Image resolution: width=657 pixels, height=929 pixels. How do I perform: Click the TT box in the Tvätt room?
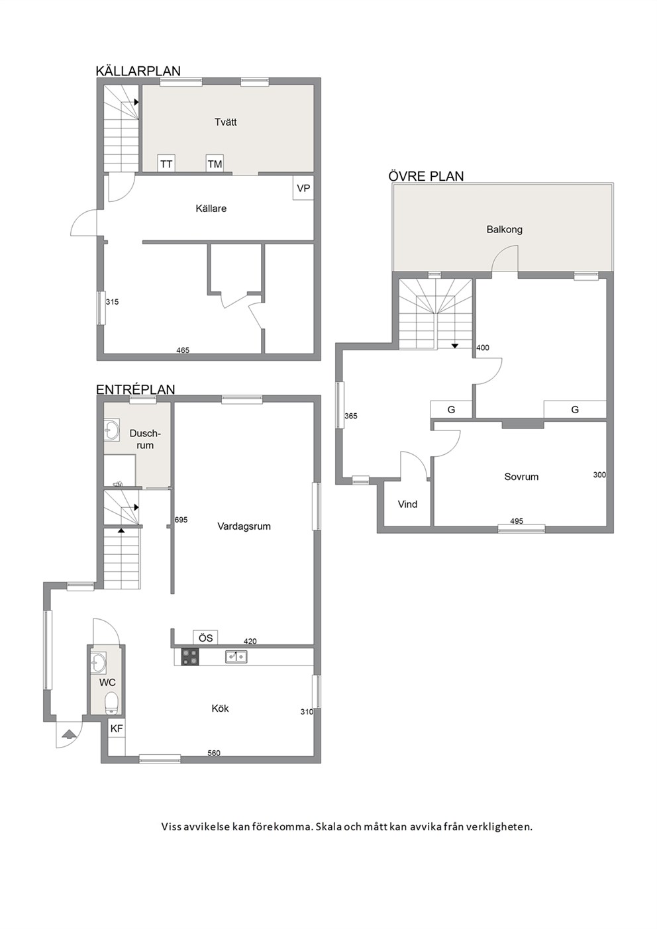(x=166, y=164)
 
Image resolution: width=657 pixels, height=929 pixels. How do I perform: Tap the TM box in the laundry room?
(x=215, y=164)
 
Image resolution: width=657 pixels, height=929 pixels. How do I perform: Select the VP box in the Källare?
(x=303, y=188)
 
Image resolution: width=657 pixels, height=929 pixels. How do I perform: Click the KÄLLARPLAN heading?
(x=138, y=71)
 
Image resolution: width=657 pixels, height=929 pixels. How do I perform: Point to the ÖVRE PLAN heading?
(x=426, y=176)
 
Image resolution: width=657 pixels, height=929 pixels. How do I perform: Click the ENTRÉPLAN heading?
(x=136, y=389)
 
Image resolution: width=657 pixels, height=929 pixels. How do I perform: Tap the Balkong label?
(x=505, y=229)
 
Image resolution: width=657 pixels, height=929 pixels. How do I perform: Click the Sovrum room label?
(x=521, y=477)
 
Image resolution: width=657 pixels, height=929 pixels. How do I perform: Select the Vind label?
(x=407, y=505)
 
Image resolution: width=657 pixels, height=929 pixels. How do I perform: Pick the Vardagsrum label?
(x=244, y=526)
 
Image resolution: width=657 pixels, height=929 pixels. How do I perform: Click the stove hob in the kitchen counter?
(x=190, y=656)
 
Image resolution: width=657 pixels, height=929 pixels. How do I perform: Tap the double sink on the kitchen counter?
(x=236, y=656)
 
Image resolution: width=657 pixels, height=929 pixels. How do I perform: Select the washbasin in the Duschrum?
(x=111, y=430)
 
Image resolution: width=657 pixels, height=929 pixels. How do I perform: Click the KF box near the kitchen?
(x=117, y=728)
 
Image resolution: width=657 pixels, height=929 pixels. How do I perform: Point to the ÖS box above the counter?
(x=205, y=638)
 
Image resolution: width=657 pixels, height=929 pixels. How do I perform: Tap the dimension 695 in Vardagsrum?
(x=181, y=520)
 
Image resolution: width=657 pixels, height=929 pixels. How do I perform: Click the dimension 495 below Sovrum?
(x=517, y=521)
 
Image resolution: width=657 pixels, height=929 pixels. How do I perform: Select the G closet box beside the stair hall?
(x=451, y=410)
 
